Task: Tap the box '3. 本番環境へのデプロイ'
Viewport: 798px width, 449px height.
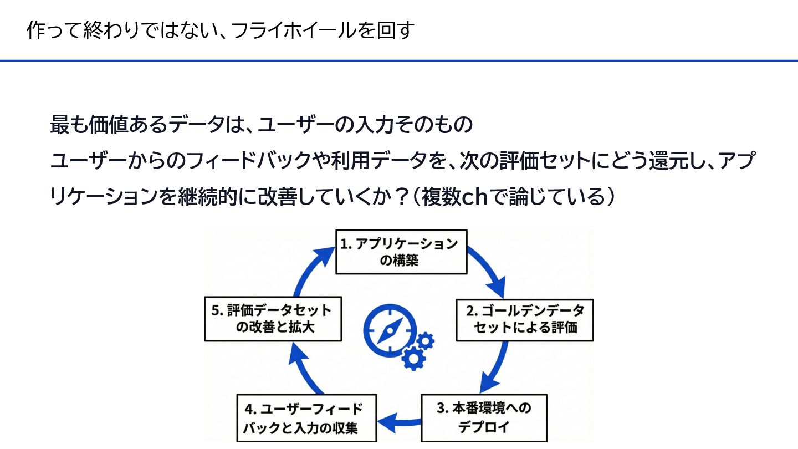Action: [x=484, y=417]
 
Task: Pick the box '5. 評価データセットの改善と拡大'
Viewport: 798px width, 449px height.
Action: [x=272, y=319]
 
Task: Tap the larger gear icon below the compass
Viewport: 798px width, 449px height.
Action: [x=413, y=358]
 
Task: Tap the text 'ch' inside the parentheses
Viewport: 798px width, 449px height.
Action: [x=474, y=197]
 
